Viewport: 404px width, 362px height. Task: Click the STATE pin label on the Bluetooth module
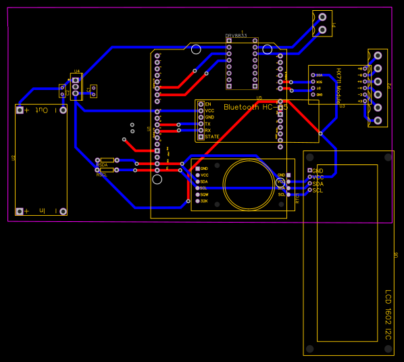pyautogui.click(x=212, y=137)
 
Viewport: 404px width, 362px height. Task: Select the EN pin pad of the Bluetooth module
pyautogui.click(x=201, y=104)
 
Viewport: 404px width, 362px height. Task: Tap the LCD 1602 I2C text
pyautogui.click(x=388, y=315)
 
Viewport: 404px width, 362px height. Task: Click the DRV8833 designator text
pyautogui.click(x=237, y=36)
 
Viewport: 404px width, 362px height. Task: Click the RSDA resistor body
pyautogui.click(x=107, y=160)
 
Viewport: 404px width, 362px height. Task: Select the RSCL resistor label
pyautogui.click(x=102, y=175)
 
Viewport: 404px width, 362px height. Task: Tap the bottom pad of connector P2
pyautogui.click(x=377, y=120)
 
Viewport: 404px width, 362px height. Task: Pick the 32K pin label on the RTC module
pyautogui.click(x=203, y=201)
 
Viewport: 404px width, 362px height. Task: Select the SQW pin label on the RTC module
pyautogui.click(x=204, y=194)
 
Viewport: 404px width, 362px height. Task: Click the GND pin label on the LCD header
pyautogui.click(x=318, y=171)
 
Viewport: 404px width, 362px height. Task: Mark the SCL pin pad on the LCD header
pyautogui.click(x=310, y=190)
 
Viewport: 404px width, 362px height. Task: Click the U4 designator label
pyautogui.click(x=77, y=71)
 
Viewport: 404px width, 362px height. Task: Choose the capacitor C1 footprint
pyautogui.click(x=93, y=90)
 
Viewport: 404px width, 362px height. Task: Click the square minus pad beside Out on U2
pyautogui.click(x=20, y=110)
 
